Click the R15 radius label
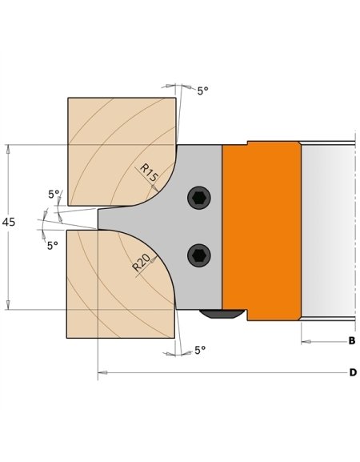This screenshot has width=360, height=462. pos(149,171)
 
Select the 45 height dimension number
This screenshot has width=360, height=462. pos(9,222)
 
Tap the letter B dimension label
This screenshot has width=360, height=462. pos(352,342)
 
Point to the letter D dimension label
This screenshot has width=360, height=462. pos(352,372)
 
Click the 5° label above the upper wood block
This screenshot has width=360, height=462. pos(202,91)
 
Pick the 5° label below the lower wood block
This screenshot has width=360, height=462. pos(200,351)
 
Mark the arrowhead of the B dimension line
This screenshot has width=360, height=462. pos(305,342)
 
